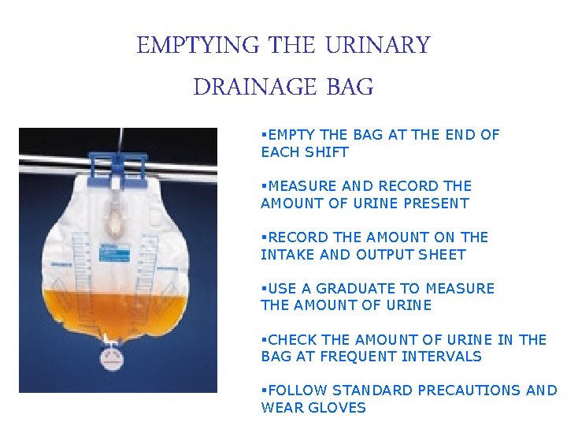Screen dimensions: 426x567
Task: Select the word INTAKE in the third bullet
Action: click(x=285, y=255)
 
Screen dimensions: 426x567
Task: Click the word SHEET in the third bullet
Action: click(x=444, y=255)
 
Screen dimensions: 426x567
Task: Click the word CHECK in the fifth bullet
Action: click(x=292, y=340)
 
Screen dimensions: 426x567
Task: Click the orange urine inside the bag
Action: click(x=118, y=312)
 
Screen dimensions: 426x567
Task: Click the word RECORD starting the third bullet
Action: click(x=296, y=237)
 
